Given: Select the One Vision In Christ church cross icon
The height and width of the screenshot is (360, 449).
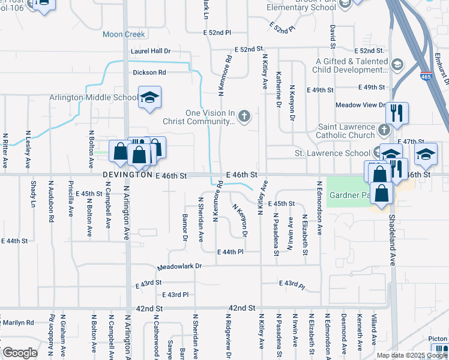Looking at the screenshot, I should pyautogui.click(x=244, y=116).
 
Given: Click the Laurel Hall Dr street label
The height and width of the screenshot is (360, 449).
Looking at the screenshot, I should pyautogui.click(x=151, y=52).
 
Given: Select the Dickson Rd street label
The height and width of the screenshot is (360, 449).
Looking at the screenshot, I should pyautogui.click(x=149, y=73).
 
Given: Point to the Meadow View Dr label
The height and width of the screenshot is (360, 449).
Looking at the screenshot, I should pyautogui.click(x=361, y=105).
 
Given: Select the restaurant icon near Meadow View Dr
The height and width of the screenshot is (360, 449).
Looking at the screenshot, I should pyautogui.click(x=397, y=112).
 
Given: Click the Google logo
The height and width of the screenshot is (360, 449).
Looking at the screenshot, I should pyautogui.click(x=20, y=353).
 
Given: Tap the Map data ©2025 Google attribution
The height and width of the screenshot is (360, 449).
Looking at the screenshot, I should pyautogui.click(x=411, y=355).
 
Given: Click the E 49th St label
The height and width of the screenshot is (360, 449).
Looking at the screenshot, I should pyautogui.click(x=319, y=90).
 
